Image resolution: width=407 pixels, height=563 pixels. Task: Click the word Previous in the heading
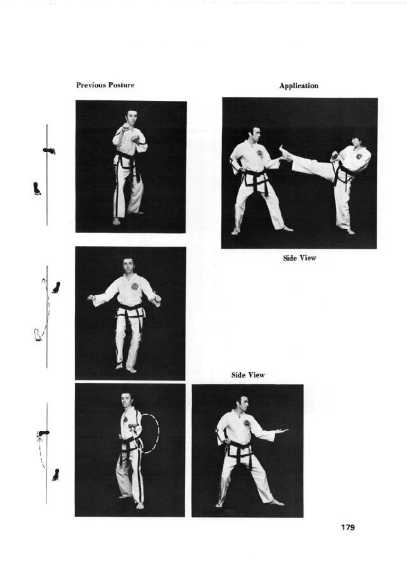(x=91, y=85)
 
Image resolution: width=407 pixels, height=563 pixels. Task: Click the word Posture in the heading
(x=121, y=85)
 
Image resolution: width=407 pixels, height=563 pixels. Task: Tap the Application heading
(x=299, y=86)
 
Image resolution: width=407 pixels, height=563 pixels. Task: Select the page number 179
(x=348, y=527)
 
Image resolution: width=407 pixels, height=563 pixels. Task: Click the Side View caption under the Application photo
(x=300, y=258)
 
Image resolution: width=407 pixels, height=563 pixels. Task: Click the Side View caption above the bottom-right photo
(x=248, y=375)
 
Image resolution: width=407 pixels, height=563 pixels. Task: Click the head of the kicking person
(x=357, y=142)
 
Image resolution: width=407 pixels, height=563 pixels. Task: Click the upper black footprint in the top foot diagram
(x=49, y=151)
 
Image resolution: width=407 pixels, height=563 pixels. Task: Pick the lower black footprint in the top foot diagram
(x=37, y=189)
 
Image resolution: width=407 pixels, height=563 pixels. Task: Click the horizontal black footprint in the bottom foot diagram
(x=43, y=433)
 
